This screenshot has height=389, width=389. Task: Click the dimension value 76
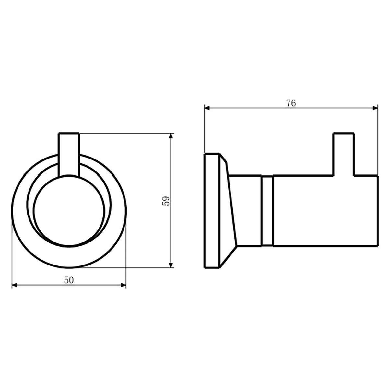pyautogui.click(x=291, y=103)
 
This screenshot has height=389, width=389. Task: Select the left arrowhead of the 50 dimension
pyautogui.click(x=15, y=285)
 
